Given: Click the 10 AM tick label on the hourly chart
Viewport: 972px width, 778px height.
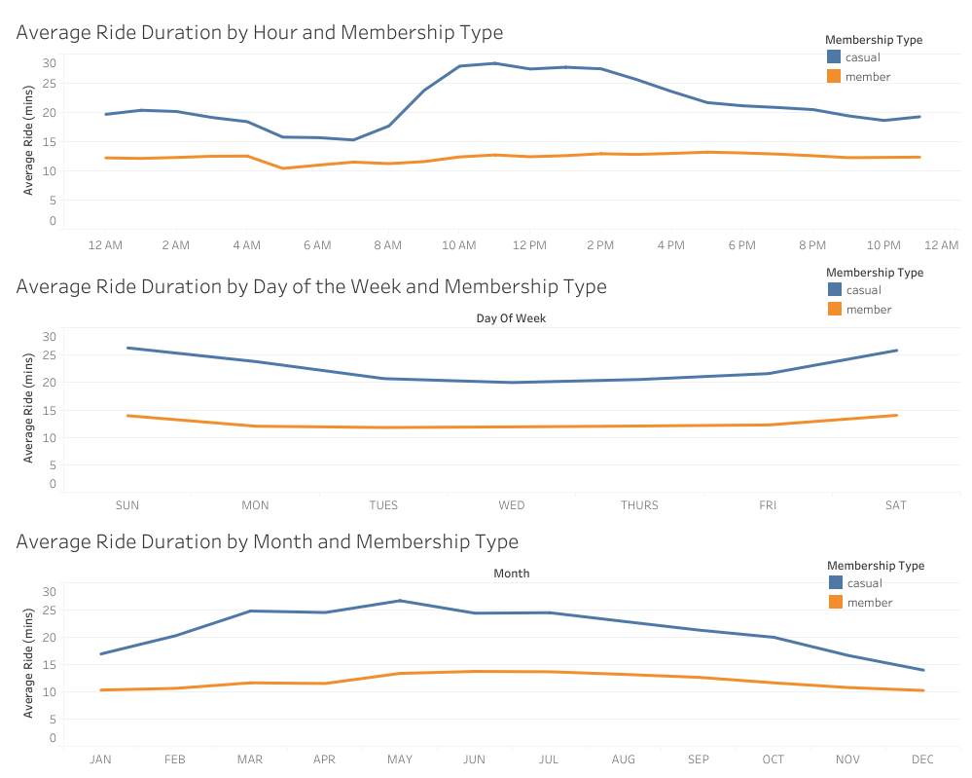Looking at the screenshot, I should (x=458, y=245).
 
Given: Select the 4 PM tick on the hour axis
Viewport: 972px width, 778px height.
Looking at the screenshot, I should (x=670, y=245).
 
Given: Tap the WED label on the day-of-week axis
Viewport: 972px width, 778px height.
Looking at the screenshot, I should (x=512, y=505).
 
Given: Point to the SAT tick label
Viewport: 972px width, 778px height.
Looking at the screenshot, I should (x=895, y=505).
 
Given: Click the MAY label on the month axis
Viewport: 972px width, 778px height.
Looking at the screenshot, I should (x=399, y=759).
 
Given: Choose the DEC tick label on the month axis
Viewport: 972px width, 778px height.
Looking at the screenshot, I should (x=922, y=759).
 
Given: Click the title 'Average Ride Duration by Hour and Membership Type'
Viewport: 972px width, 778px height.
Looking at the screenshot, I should (x=260, y=32).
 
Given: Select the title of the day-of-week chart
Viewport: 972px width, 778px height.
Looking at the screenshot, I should (x=311, y=286).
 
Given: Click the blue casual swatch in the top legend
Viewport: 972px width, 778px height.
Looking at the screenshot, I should (x=834, y=57).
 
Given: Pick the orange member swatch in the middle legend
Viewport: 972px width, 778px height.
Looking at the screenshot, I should (x=834, y=309).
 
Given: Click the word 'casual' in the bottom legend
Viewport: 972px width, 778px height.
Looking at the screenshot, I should (x=865, y=583).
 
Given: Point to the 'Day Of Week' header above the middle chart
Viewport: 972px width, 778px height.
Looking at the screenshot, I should (x=511, y=318).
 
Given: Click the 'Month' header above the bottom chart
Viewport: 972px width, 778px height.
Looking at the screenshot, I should (x=511, y=574).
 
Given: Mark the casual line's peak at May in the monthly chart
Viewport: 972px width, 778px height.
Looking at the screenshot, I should (x=400, y=601).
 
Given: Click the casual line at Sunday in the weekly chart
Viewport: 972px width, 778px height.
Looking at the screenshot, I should (x=127, y=348).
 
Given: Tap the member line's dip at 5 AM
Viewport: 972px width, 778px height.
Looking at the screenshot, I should (x=282, y=168).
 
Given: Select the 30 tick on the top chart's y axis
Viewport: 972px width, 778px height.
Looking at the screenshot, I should (x=49, y=63).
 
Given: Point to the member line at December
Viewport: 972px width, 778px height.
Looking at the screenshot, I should (x=922, y=690).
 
